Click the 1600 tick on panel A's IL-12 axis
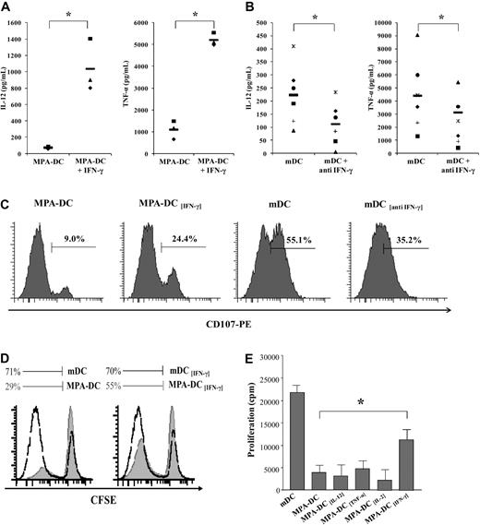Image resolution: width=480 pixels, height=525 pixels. click(30, 17)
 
